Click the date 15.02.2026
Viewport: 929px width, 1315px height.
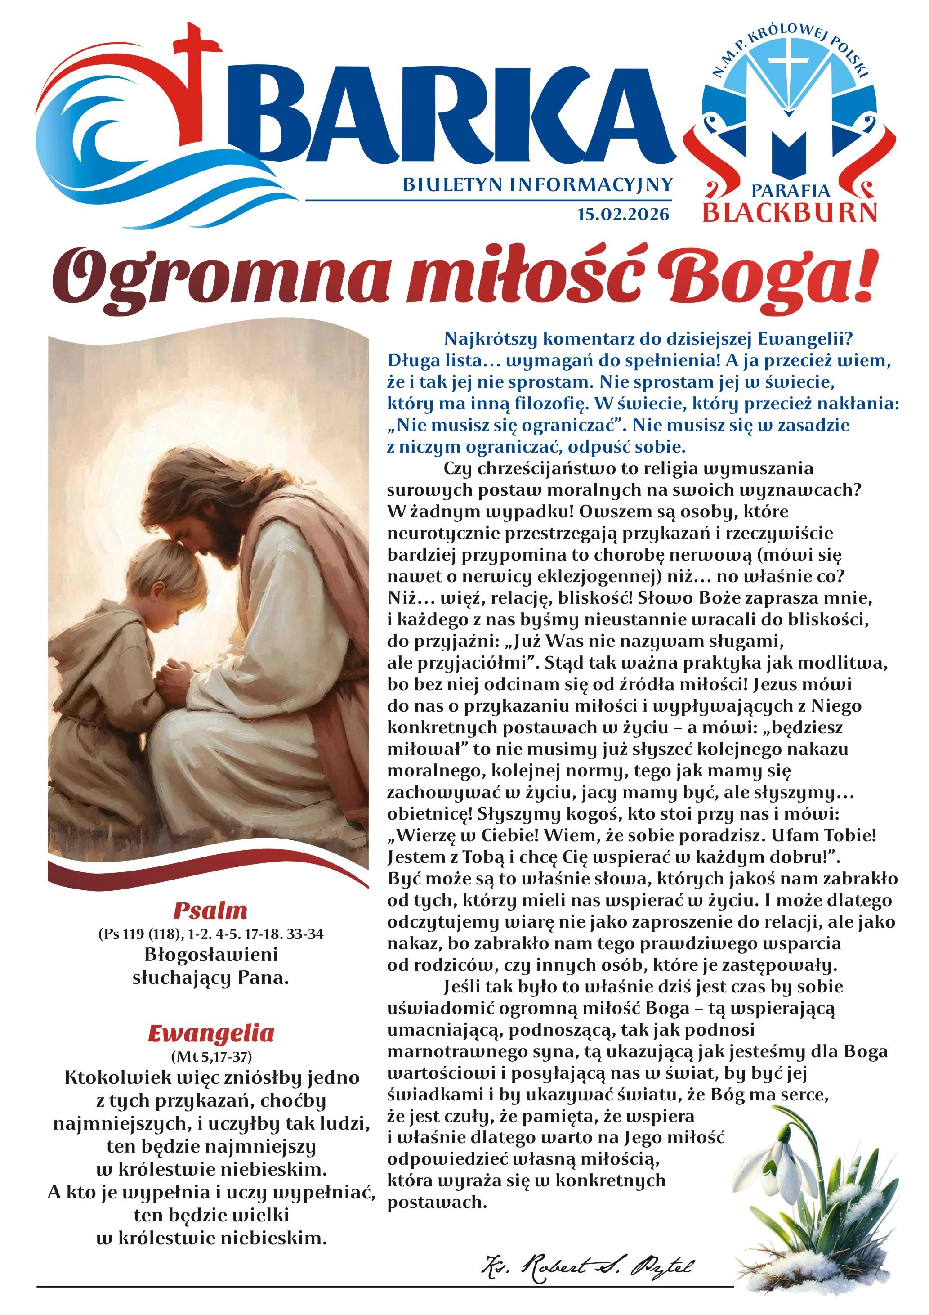click(623, 214)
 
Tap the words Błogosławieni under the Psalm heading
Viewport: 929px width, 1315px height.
click(210, 955)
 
